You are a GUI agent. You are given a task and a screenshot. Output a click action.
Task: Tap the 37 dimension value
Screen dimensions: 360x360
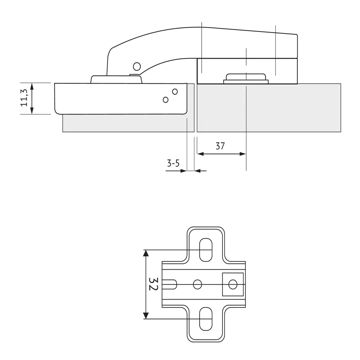click(220, 146)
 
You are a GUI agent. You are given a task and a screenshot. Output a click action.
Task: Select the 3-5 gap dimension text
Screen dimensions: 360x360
click(173, 163)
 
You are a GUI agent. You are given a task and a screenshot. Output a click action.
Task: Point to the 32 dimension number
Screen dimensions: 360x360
click(153, 284)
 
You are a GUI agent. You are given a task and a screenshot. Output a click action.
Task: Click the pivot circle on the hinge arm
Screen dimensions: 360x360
click(137, 67)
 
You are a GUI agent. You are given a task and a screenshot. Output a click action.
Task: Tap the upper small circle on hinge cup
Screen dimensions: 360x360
click(175, 91)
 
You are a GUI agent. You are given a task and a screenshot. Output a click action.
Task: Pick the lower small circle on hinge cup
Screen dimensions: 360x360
click(166, 100)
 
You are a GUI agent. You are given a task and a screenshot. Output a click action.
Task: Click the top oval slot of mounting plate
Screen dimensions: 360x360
click(206, 250)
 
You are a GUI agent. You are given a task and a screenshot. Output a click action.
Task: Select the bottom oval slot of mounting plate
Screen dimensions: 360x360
click(206, 319)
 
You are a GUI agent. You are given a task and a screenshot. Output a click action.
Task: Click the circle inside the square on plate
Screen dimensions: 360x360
click(233, 284)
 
